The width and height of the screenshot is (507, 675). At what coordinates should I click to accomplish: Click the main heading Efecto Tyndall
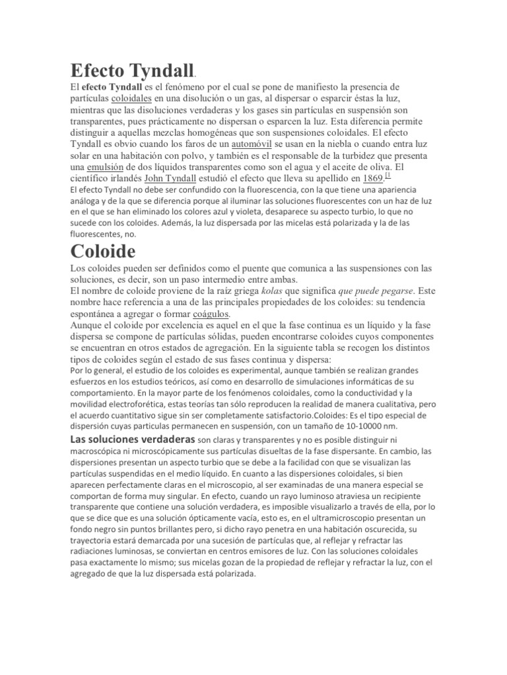pyautogui.click(x=131, y=71)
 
